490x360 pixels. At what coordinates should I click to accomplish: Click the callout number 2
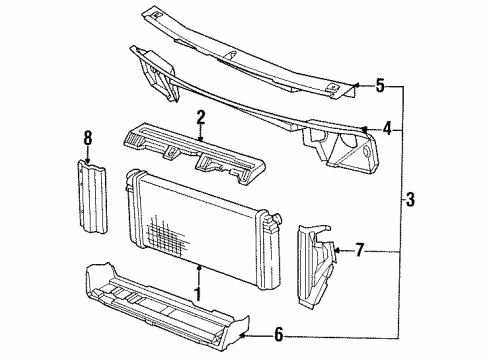point(201,119)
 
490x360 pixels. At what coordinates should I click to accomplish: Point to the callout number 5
point(380,86)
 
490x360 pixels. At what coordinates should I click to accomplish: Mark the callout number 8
point(87,139)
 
